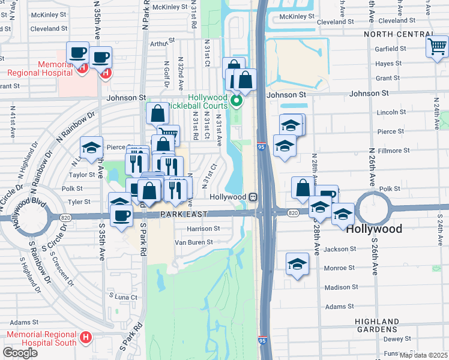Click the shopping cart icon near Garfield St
tap(437, 46)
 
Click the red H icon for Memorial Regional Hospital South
tap(85, 338)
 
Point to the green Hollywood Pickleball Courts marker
tap(237, 100)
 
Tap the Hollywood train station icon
tap(254, 197)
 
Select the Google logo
tap(20, 352)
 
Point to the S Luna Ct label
tap(123, 296)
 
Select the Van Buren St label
tap(193, 242)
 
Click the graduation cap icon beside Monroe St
tap(297, 265)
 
